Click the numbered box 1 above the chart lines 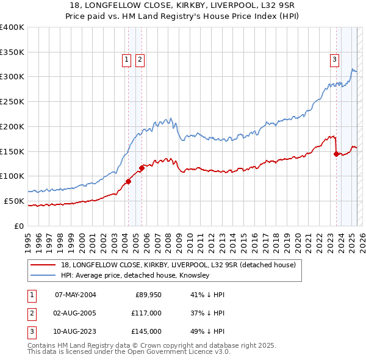pos(126,59)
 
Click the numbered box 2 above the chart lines pos(140,59)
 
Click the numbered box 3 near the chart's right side pos(335,59)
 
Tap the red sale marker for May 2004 pos(129,181)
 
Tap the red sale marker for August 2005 pos(142,167)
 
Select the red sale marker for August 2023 pos(336,154)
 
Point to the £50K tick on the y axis pos(15,201)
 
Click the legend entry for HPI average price pos(135,276)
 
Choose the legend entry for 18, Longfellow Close pos(178,265)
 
